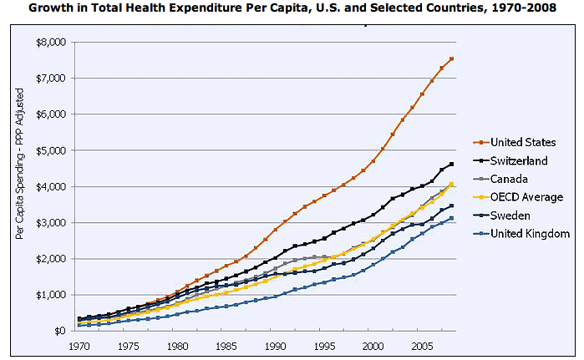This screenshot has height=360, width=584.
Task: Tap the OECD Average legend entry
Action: [x=526, y=197]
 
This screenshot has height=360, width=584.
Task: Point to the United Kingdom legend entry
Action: [x=529, y=234]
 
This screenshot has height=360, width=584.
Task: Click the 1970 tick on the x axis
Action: [x=80, y=345]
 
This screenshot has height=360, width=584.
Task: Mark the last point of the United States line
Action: [x=452, y=58]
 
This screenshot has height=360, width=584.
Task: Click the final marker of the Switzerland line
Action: [x=452, y=165]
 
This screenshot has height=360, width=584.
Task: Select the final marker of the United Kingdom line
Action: [x=452, y=218]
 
